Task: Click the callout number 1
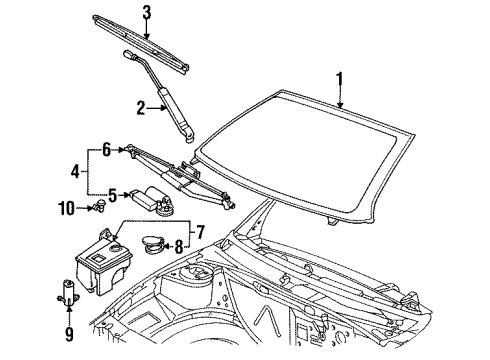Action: pos(341,78)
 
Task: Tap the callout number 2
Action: pos(141,108)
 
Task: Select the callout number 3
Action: pos(146,13)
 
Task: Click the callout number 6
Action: pos(105,149)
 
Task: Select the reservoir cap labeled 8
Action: pos(152,243)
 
